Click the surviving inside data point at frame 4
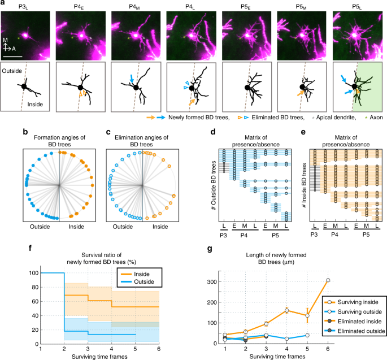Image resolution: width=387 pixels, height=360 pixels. (x=287, y=310)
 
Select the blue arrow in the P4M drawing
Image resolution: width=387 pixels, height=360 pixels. (x=132, y=80)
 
